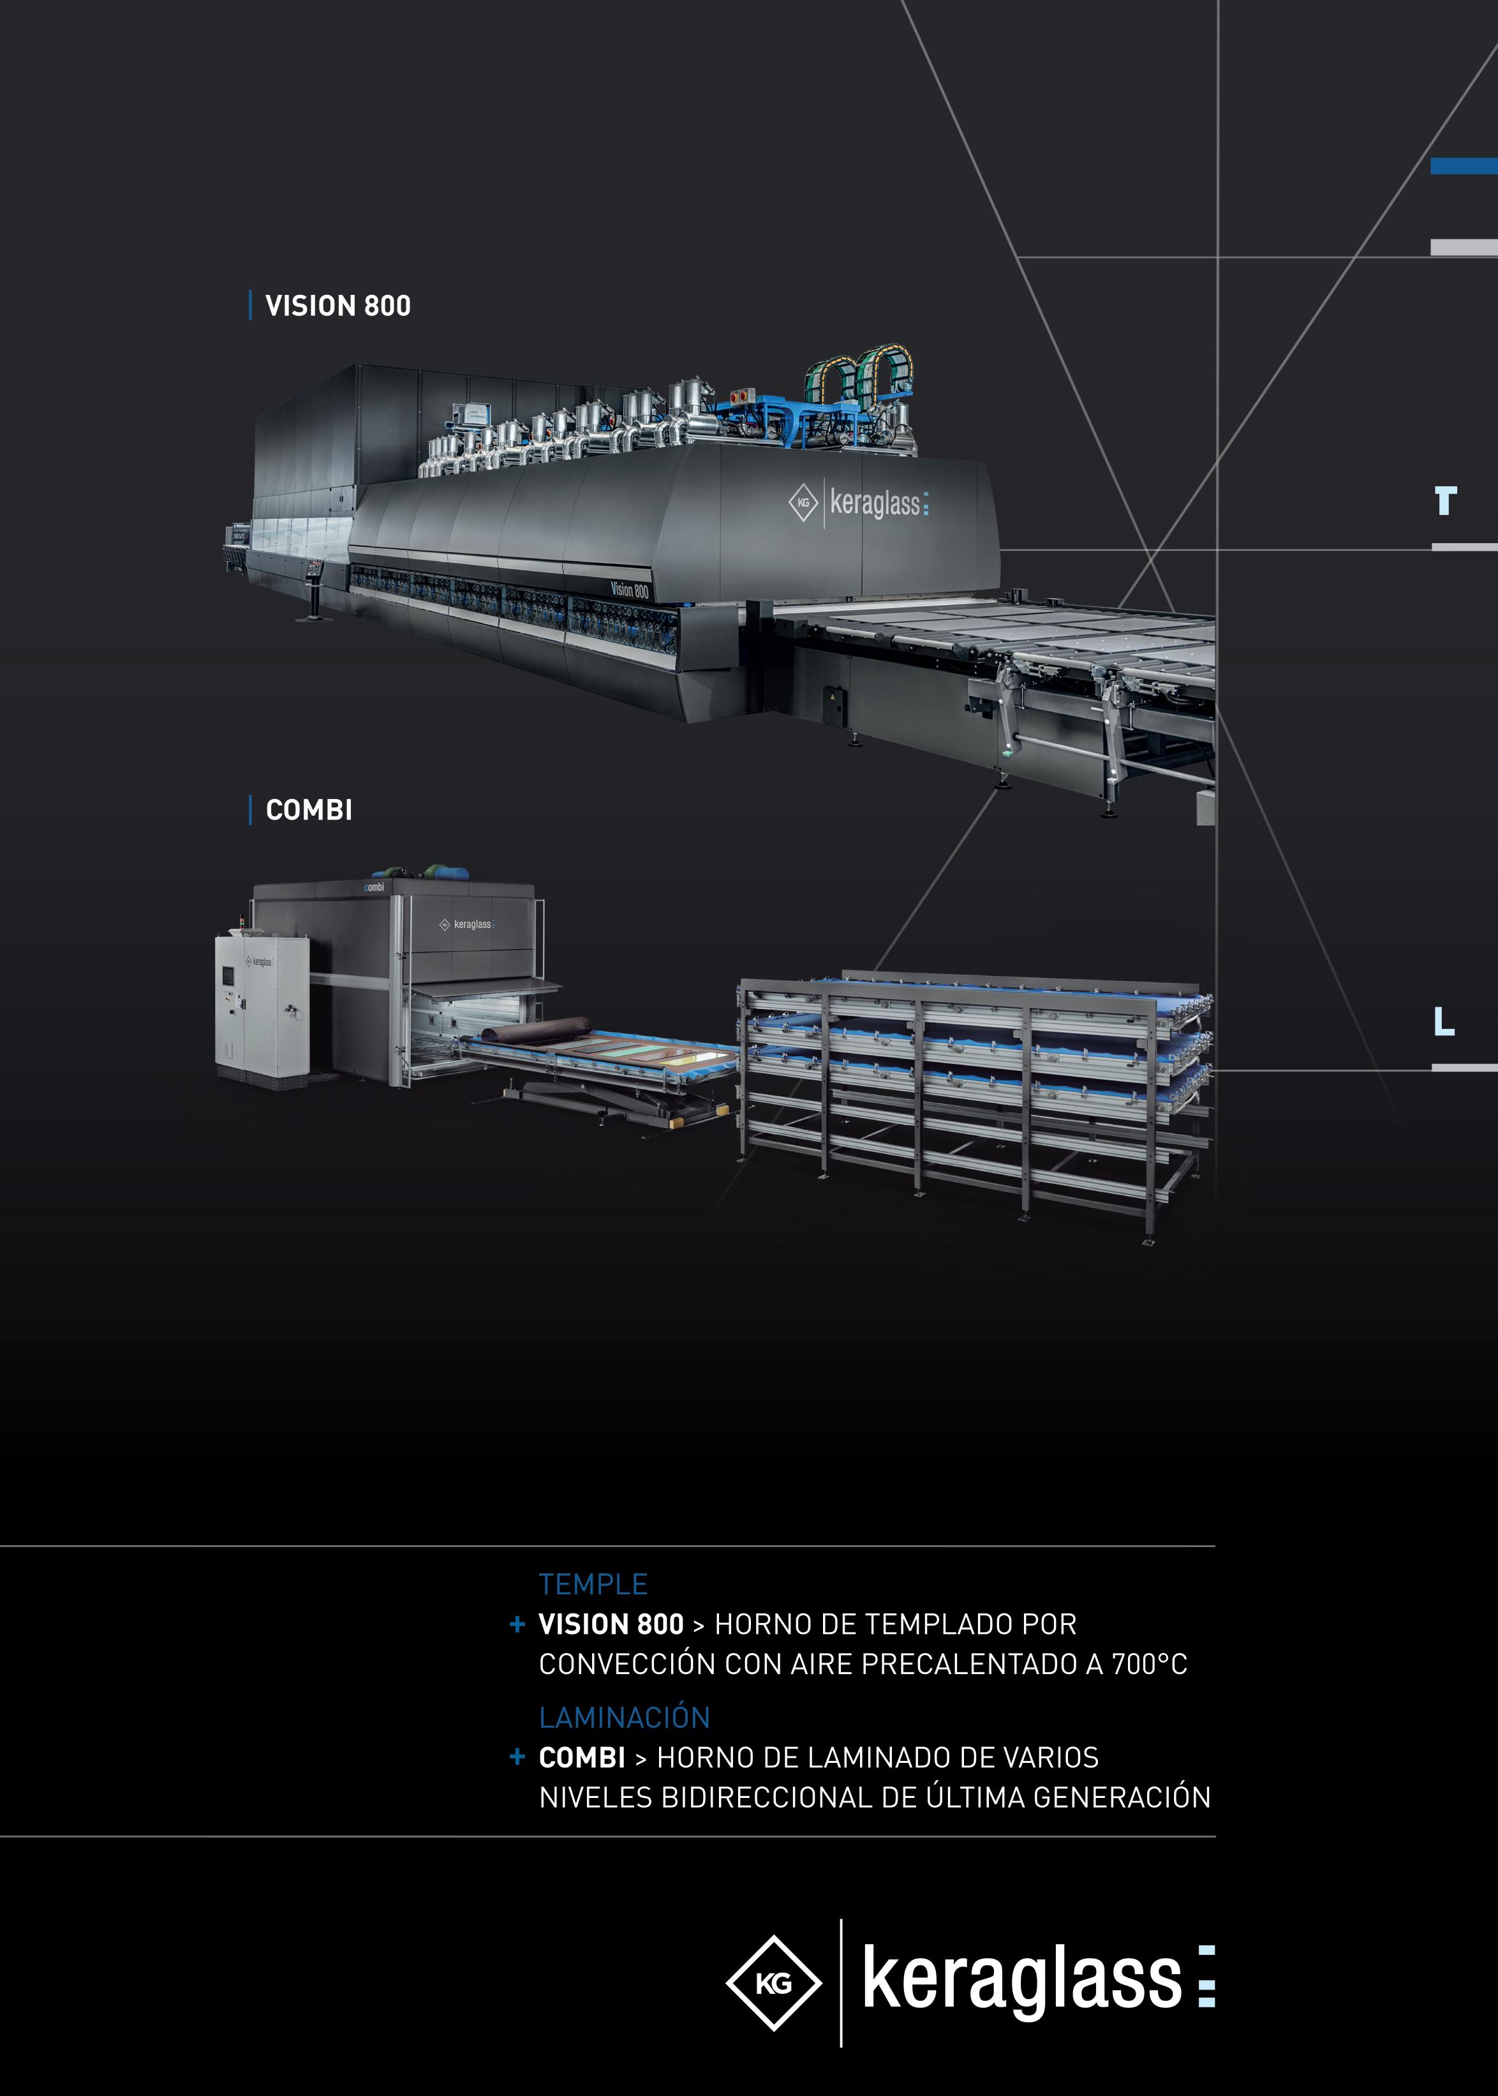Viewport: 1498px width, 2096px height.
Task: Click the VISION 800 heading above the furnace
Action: [337, 305]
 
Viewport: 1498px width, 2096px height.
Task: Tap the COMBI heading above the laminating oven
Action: [309, 810]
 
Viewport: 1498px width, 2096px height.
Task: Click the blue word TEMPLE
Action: [593, 1584]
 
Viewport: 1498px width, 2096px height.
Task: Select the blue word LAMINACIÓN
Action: [625, 1717]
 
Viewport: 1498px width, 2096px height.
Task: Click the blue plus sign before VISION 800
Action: [517, 1624]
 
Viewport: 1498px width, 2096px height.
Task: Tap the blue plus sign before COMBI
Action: [517, 1756]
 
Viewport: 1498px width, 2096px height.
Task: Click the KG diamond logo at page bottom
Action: [773, 1984]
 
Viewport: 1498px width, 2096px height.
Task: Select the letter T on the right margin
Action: [1444, 501]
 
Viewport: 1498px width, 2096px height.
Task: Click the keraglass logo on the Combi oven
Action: [468, 924]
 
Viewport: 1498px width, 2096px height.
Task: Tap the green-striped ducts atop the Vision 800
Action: [858, 373]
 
